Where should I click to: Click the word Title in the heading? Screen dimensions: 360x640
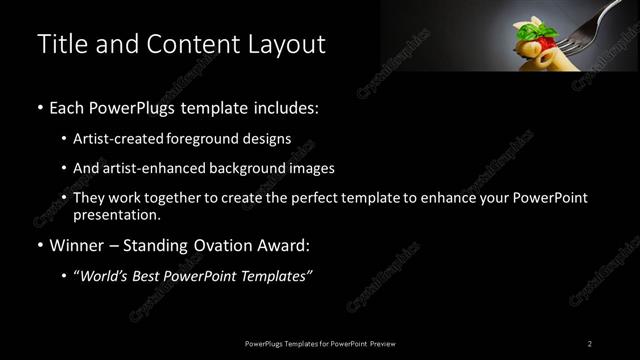[x=59, y=44]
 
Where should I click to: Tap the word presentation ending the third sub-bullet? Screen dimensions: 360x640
[x=116, y=214]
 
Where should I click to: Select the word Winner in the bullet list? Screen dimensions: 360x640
[x=76, y=245]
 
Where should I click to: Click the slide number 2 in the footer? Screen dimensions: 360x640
[x=590, y=343]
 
